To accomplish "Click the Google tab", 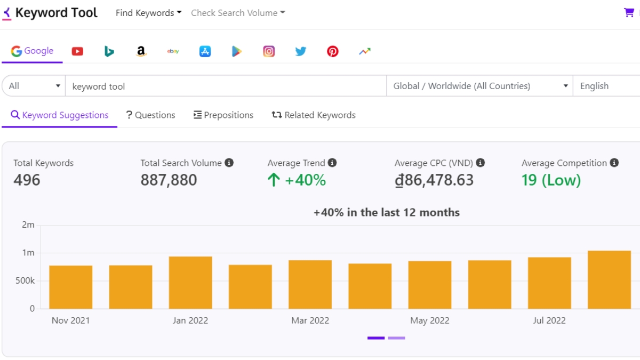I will point(32,51).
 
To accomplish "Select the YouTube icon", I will point(77,51).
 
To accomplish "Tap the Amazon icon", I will point(141,51).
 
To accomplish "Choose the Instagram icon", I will point(269,51).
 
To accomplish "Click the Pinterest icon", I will point(333,51).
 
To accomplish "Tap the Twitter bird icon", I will point(301,51).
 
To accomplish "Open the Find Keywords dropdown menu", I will point(148,13).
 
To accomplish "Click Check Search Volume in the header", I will point(238,13).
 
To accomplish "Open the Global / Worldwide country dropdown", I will point(480,86).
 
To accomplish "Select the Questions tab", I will point(150,115).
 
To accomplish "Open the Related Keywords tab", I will point(314,115).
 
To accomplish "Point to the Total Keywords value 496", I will point(27,180).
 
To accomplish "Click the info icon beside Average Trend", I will point(332,163).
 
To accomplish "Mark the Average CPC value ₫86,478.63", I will point(434,180).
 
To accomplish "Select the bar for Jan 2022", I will point(190,283).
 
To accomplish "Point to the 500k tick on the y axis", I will point(25,281).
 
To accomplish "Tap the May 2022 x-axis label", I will point(429,321).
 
